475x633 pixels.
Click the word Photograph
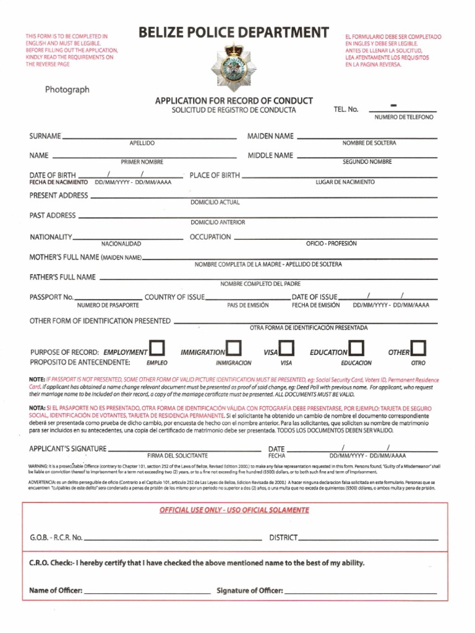click(67, 90)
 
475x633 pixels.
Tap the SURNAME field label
click(45, 136)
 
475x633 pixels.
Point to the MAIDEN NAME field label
click(270, 136)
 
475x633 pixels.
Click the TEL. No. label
click(346, 109)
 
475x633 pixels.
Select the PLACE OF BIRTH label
click(215, 176)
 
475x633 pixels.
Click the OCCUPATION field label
click(210, 237)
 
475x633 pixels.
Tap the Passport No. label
click(51, 297)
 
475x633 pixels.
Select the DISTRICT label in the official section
click(283, 538)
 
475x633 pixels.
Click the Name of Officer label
click(56, 591)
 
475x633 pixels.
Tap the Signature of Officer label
click(250, 591)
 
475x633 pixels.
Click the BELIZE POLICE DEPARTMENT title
click(234, 33)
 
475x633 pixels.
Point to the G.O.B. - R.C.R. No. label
click(56, 538)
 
